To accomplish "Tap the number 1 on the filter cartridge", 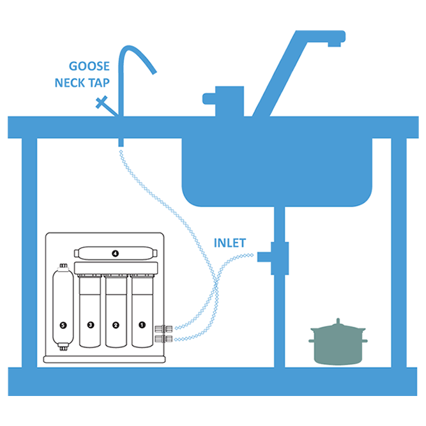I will (x=141, y=324).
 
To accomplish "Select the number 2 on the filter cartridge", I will (x=116, y=324).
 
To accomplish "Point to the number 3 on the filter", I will (x=90, y=324).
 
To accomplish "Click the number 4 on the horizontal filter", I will (x=115, y=253).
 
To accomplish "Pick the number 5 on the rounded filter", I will (x=62, y=324).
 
